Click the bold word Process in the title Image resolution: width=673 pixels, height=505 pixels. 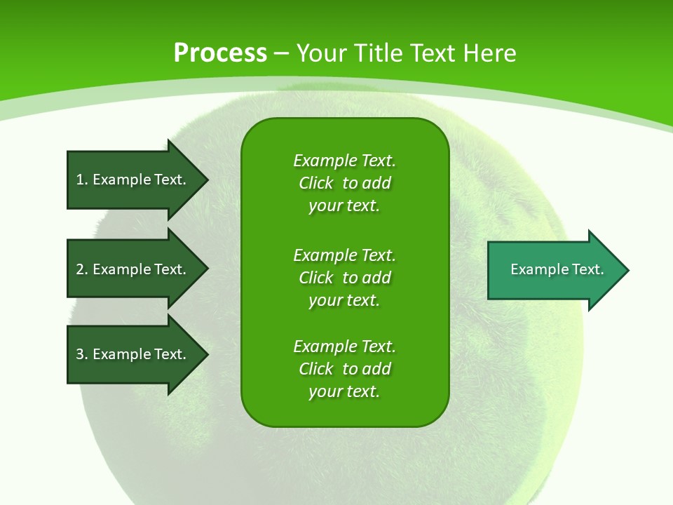click(220, 53)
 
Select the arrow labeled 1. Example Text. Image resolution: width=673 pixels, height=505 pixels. click(133, 180)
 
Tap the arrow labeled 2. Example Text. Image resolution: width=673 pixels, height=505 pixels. click(133, 269)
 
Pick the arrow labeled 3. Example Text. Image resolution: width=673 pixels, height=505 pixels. click(133, 354)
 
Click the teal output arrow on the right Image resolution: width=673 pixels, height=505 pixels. click(554, 270)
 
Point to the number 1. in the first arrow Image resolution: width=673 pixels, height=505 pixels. click(82, 180)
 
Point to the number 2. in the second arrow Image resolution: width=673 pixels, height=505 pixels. click(82, 269)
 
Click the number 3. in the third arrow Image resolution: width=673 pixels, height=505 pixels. click(82, 354)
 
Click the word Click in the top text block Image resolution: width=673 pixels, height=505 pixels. click(315, 184)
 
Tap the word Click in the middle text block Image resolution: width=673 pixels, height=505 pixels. click(315, 278)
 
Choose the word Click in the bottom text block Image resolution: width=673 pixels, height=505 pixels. click(315, 369)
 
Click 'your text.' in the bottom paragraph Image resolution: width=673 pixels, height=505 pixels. click(344, 392)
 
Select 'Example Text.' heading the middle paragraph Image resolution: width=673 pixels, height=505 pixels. click(344, 255)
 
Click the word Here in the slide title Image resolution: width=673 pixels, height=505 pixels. click(490, 53)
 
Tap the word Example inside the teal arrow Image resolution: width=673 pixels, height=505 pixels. click(534, 269)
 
